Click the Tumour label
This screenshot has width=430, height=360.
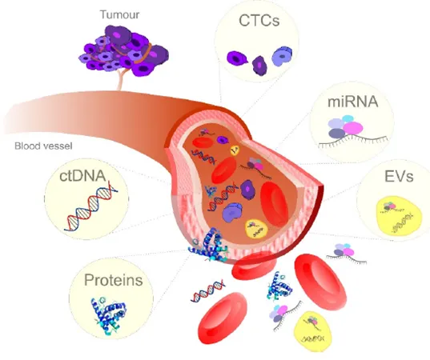click(x=119, y=14)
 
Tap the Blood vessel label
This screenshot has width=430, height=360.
click(x=43, y=146)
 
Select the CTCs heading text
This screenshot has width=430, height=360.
click(x=259, y=20)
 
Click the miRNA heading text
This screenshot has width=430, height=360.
click(x=353, y=102)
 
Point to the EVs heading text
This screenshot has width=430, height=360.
click(x=399, y=176)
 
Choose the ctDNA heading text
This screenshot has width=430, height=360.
click(x=82, y=176)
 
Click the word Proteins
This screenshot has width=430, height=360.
click(x=113, y=280)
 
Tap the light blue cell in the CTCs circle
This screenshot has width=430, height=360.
click(x=282, y=56)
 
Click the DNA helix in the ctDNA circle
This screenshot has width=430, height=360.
click(x=90, y=206)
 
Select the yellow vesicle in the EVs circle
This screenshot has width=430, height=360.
click(x=396, y=216)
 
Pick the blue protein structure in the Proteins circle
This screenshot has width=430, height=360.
click(x=109, y=316)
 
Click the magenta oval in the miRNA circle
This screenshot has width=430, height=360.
click(x=353, y=128)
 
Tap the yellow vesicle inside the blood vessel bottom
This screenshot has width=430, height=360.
click(x=256, y=229)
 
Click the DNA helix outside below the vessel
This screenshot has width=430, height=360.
click(x=208, y=290)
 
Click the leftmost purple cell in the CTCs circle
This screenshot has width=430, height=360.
click(x=237, y=58)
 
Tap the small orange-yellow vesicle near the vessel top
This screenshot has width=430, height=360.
click(x=235, y=150)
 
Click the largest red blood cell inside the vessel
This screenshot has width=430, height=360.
click(x=274, y=204)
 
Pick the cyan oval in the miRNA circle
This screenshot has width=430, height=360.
click(x=348, y=118)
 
